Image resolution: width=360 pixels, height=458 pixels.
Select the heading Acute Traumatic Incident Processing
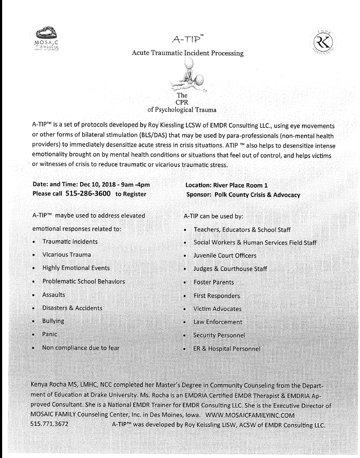(x=188, y=53)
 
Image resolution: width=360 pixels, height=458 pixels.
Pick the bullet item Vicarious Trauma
(x=67, y=255)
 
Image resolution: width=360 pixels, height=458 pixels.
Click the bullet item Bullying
(x=53, y=321)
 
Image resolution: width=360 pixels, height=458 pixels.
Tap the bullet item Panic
(x=50, y=335)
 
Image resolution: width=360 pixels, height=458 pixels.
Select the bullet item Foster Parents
(x=214, y=282)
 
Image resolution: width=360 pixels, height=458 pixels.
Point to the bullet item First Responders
(x=217, y=295)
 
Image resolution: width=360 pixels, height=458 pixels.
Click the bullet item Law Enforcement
(x=218, y=322)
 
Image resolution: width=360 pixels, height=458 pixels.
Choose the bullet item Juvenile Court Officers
(x=225, y=255)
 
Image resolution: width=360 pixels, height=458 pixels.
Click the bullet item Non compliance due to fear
(x=81, y=348)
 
